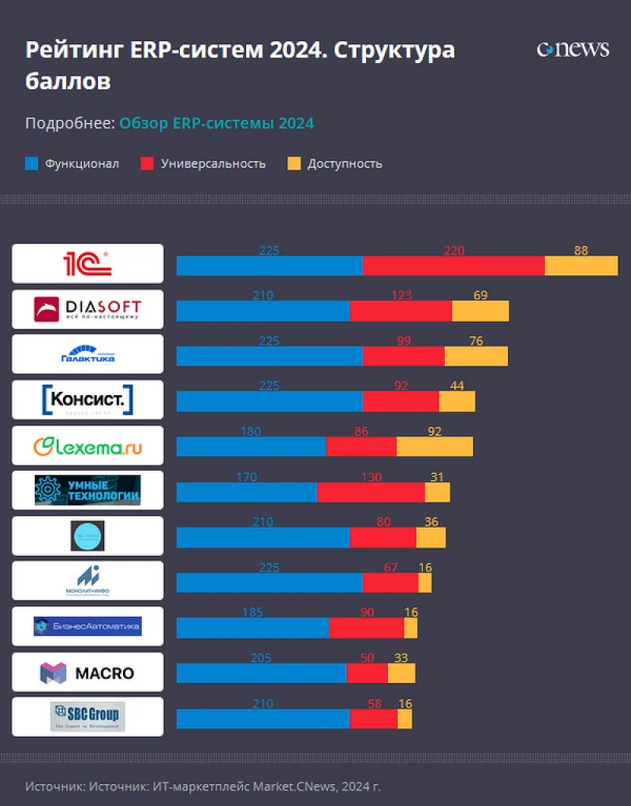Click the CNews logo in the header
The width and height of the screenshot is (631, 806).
(573, 50)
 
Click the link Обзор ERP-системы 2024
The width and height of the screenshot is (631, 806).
(217, 123)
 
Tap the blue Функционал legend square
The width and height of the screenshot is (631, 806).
(32, 164)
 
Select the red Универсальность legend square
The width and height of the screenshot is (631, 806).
(147, 164)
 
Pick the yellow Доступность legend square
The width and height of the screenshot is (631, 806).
(293, 164)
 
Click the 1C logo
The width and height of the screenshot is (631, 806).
(88, 263)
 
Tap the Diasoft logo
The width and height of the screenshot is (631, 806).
(88, 309)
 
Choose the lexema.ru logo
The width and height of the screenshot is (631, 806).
(88, 446)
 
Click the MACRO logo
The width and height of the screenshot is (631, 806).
(88, 673)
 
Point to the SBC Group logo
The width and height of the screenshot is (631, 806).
(88, 717)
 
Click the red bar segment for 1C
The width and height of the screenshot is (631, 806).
(454, 266)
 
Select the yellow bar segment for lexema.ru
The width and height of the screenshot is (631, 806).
(435, 446)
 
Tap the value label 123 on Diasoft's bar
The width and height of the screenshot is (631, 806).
(401, 296)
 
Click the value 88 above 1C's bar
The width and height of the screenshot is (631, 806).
(581, 251)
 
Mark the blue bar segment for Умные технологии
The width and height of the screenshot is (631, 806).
(246, 492)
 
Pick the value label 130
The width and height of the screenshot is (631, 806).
(371, 477)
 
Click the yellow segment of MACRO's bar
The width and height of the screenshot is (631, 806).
(401, 673)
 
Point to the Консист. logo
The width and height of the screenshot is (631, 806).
(88, 400)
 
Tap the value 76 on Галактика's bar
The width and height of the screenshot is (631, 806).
(476, 341)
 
